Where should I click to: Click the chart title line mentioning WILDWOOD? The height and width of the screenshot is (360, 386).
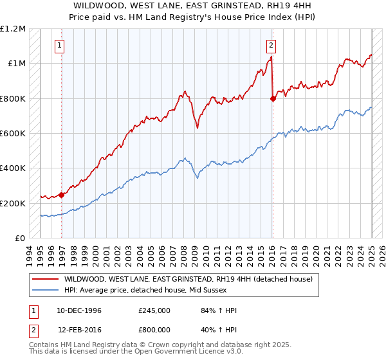[192, 6]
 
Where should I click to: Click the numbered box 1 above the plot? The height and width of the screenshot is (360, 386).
[59, 45]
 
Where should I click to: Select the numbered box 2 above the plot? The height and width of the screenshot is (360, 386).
[271, 45]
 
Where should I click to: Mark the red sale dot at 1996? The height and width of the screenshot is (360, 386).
[62, 195]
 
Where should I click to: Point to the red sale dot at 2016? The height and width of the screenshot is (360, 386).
[273, 98]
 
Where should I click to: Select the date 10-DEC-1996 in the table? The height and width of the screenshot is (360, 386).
[79, 311]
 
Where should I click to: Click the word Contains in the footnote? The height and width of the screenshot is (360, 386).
[45, 346]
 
